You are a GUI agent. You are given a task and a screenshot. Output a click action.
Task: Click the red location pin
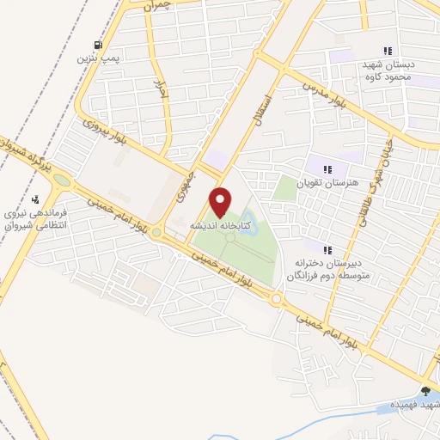click(x=220, y=202)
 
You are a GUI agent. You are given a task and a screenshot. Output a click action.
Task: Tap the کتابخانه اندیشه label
click(x=220, y=224)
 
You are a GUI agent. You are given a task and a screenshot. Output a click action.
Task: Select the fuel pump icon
click(x=99, y=46)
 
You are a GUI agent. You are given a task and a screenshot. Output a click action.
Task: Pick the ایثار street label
click(x=160, y=91)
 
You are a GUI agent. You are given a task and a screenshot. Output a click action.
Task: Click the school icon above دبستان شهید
click(x=388, y=50)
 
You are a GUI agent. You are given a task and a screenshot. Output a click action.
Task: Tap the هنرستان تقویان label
click(x=326, y=183)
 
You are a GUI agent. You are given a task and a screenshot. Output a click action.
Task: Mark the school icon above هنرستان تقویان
click(x=326, y=168)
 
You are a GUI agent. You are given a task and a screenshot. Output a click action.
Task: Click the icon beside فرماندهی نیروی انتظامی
click(x=35, y=200)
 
